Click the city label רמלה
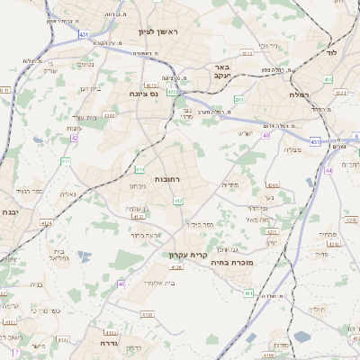point(300,94)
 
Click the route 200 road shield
point(238,99)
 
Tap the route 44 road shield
point(329,170)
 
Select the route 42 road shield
point(75,138)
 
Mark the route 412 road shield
point(178,201)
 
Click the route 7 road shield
point(16,351)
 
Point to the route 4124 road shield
point(46,222)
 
